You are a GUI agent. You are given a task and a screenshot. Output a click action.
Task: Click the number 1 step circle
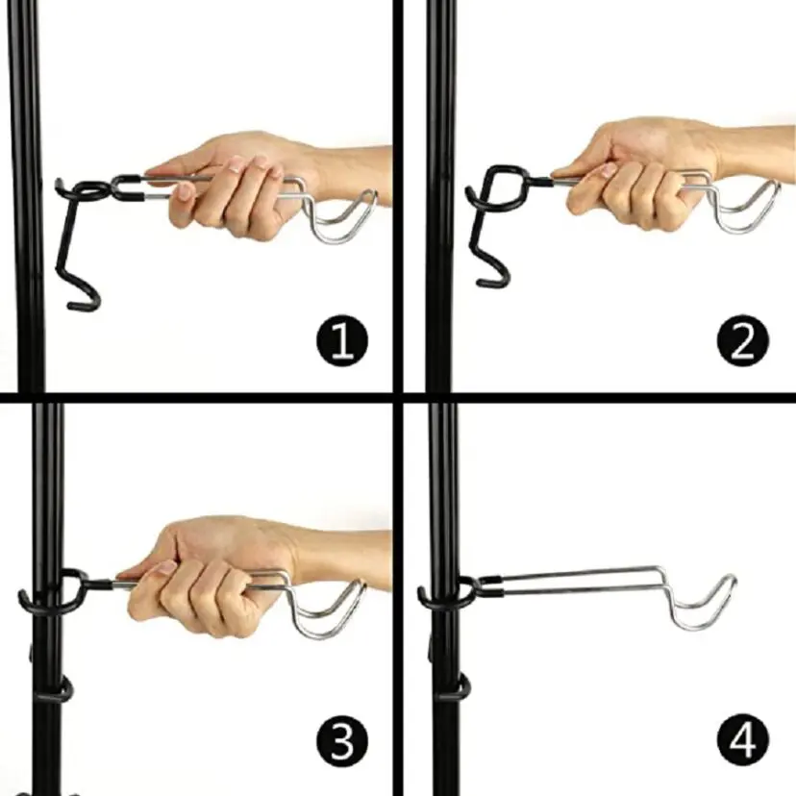(341, 340)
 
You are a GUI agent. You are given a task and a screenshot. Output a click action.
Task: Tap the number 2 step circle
(743, 340)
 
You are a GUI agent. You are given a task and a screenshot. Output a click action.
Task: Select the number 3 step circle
(341, 740)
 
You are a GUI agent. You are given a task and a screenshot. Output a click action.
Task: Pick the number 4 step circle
(743, 739)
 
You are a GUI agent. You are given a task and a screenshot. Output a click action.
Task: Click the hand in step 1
(254, 183)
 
